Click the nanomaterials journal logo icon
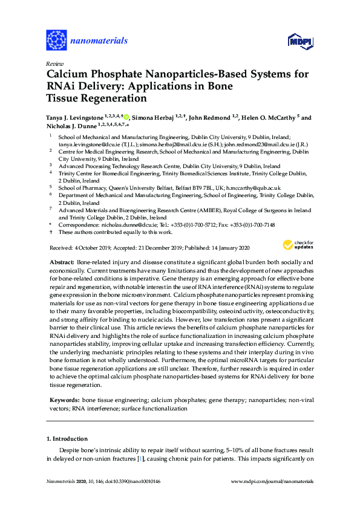coord(56,41)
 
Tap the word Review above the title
coord(54,63)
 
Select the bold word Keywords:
coord(64,400)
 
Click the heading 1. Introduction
coord(67,438)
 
